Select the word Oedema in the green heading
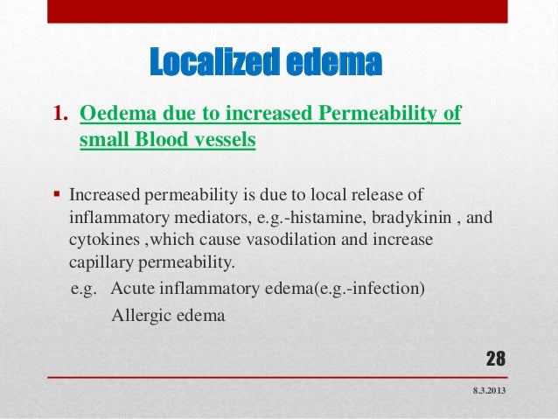[x=111, y=115]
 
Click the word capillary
[x=99, y=260]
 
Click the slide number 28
[x=496, y=359]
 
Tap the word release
[x=394, y=193]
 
